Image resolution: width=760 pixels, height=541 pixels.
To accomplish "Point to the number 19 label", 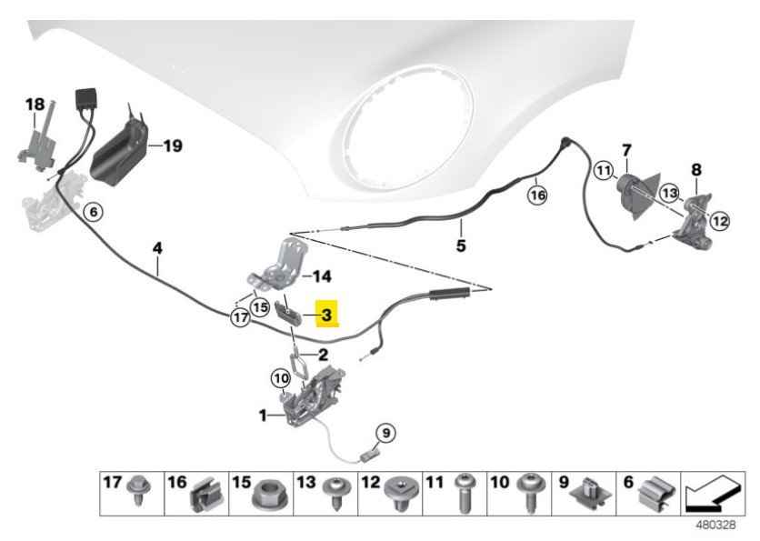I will (172, 145).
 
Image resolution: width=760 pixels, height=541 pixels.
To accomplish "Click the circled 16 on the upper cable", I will (537, 194).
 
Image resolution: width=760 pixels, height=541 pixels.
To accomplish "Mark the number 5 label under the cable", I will (460, 245).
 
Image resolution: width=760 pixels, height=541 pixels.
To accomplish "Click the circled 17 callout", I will (240, 318).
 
